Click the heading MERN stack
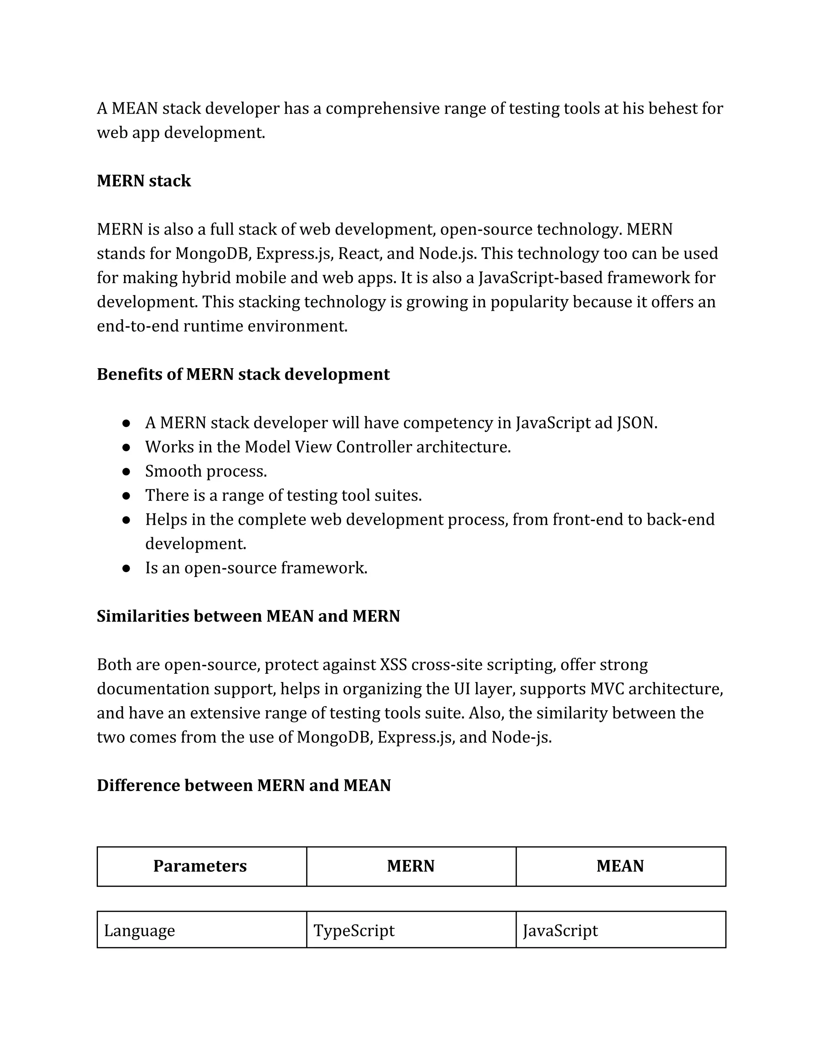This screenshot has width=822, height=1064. [144, 181]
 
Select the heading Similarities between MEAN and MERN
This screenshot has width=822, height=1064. [248, 616]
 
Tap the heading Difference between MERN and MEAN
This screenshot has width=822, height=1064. [244, 785]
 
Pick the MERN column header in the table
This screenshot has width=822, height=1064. [411, 866]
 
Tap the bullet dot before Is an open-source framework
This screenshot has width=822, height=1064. [126, 568]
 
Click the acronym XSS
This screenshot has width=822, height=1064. [393, 664]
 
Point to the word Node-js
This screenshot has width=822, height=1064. [521, 737]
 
